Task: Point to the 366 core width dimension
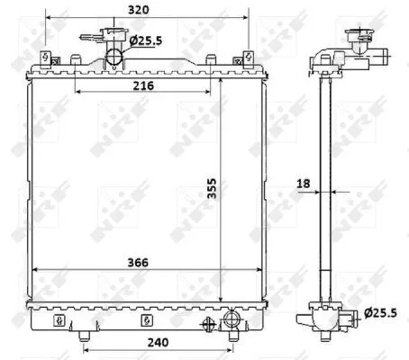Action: (138, 262)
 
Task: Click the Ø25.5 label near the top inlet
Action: (147, 40)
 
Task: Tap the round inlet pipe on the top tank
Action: (115, 58)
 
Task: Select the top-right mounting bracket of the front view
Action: (248, 59)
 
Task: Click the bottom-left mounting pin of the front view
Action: (83, 337)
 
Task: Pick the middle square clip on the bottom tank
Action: (144, 319)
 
